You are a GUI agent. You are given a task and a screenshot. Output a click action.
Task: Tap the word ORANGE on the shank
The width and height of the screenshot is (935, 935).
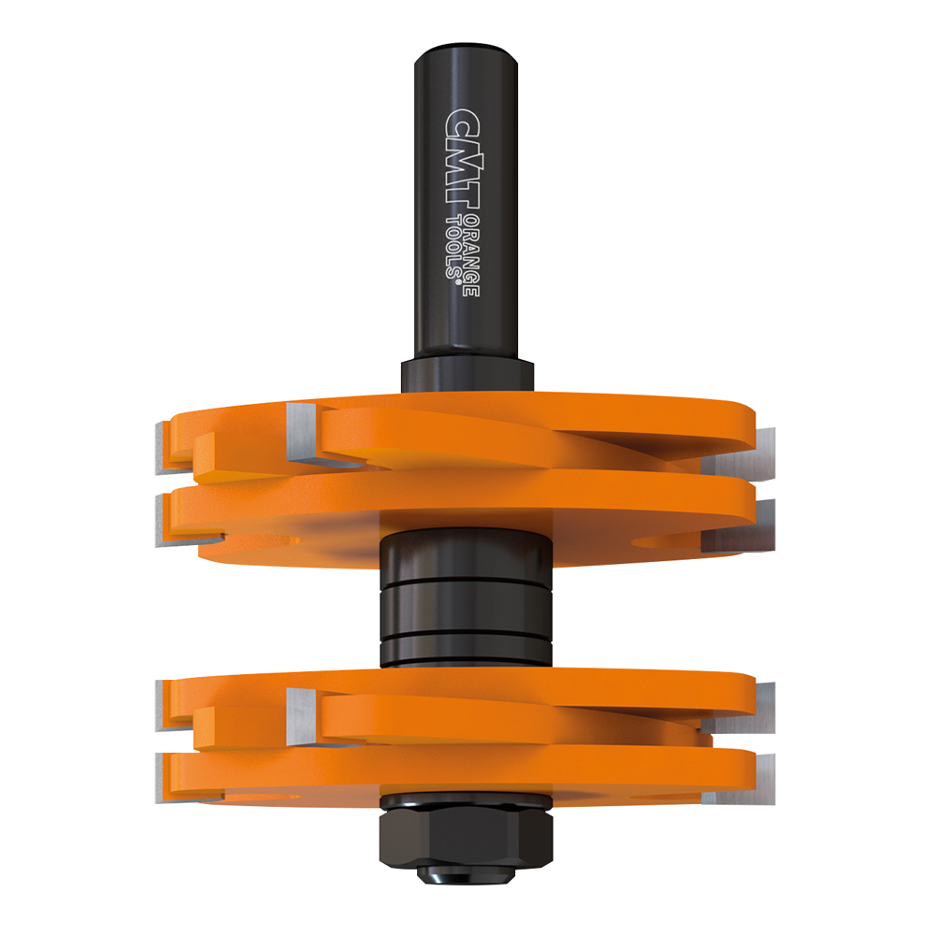pyautogui.click(x=472, y=254)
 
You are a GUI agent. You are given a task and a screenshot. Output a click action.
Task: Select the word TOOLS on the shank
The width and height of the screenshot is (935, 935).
pyautogui.click(x=454, y=243)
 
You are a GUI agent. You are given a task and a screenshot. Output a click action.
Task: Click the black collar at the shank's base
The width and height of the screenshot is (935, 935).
pyautogui.click(x=467, y=375)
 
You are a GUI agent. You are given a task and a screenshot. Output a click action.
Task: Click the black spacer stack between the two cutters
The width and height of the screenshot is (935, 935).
pyautogui.click(x=466, y=598)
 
